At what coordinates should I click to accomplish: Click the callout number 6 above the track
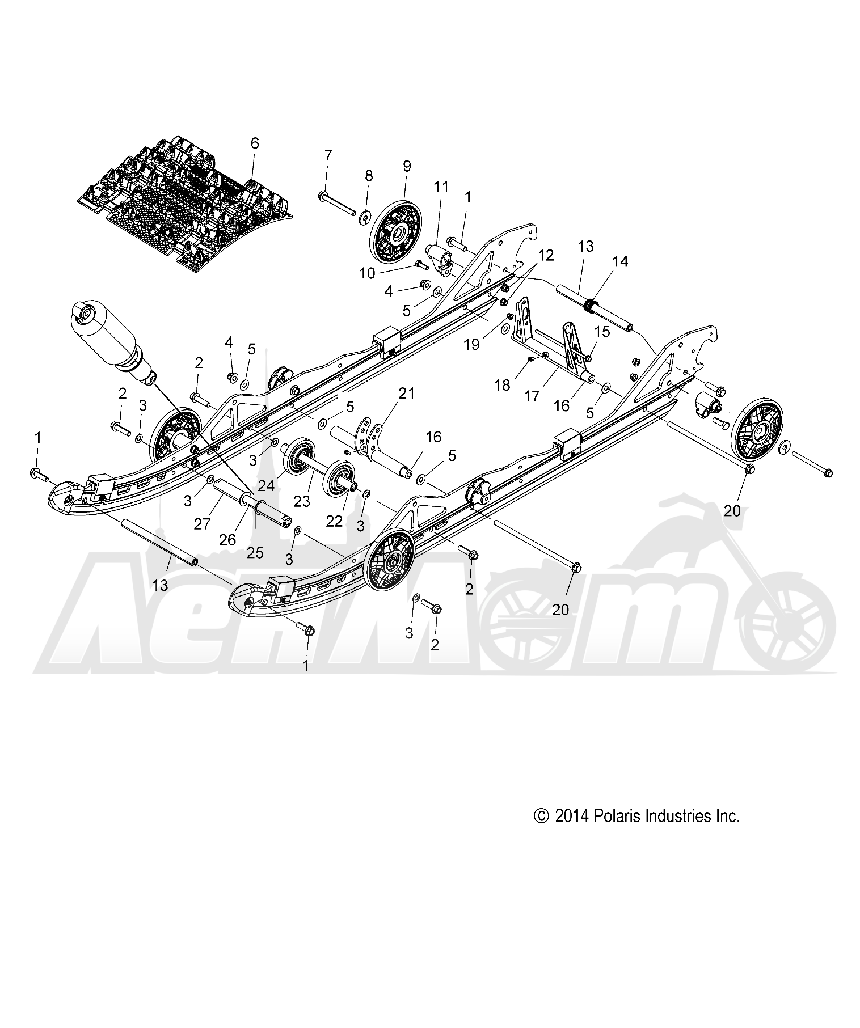(x=254, y=143)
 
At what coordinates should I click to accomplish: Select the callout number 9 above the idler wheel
(x=406, y=166)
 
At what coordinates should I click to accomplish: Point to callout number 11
(x=441, y=186)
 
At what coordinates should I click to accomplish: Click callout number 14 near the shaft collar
(x=620, y=261)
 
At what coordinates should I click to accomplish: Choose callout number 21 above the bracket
(x=407, y=393)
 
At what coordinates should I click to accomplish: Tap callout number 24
(x=267, y=485)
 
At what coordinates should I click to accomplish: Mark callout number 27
(x=202, y=524)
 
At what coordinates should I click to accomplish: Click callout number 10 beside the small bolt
(x=368, y=273)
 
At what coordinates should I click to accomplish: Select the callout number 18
(x=502, y=385)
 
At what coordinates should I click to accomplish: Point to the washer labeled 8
(x=365, y=215)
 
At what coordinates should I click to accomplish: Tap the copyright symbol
(x=542, y=816)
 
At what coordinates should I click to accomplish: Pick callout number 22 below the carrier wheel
(x=335, y=521)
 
